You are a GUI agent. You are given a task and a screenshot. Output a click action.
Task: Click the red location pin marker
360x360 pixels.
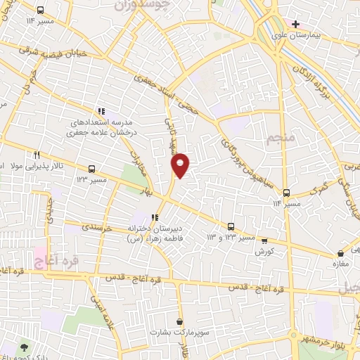pos(181,165)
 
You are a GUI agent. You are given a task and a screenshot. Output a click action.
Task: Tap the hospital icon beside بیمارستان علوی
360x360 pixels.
pos(296,25)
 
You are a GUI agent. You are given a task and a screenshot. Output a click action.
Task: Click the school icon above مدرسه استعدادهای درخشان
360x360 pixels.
pos(101,111)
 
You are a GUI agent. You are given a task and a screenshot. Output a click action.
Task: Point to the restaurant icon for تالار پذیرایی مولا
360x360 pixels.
pos(37,155)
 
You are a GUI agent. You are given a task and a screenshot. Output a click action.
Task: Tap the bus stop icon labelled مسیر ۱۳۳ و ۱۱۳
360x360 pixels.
pos(231,226)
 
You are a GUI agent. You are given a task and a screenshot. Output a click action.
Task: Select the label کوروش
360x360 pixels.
pos(264,250)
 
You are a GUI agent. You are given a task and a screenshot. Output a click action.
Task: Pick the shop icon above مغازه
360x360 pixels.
pos(341,253)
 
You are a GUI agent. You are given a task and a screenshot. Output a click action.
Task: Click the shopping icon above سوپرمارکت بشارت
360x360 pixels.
pos(181,321)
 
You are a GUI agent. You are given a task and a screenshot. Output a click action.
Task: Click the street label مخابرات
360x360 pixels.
pos(139,165)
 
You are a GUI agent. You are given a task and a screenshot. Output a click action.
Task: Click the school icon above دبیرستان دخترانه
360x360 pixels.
pos(155,217)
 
